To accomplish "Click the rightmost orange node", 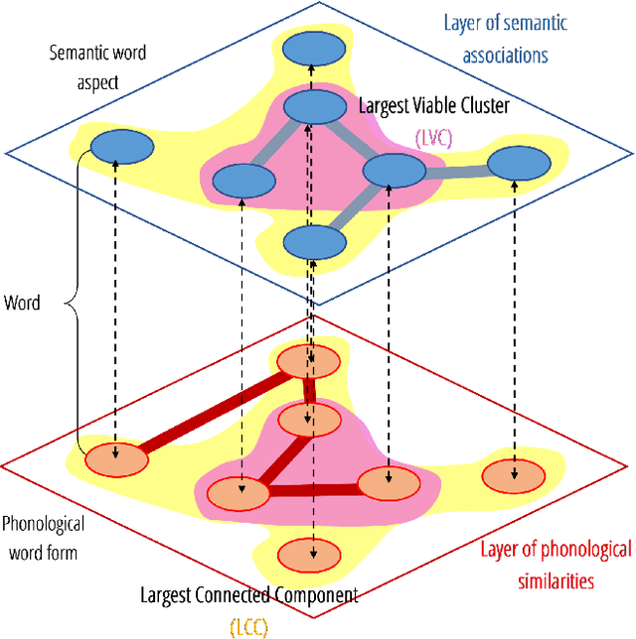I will pos(513,476).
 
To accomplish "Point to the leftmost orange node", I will pos(115,459).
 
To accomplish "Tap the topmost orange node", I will pos(309,363).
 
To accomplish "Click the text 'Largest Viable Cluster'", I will pos(433,104).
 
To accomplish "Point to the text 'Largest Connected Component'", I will pos(248,596).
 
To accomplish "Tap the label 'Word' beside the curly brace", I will pos(22,303).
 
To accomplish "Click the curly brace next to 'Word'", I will pos(66,303).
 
